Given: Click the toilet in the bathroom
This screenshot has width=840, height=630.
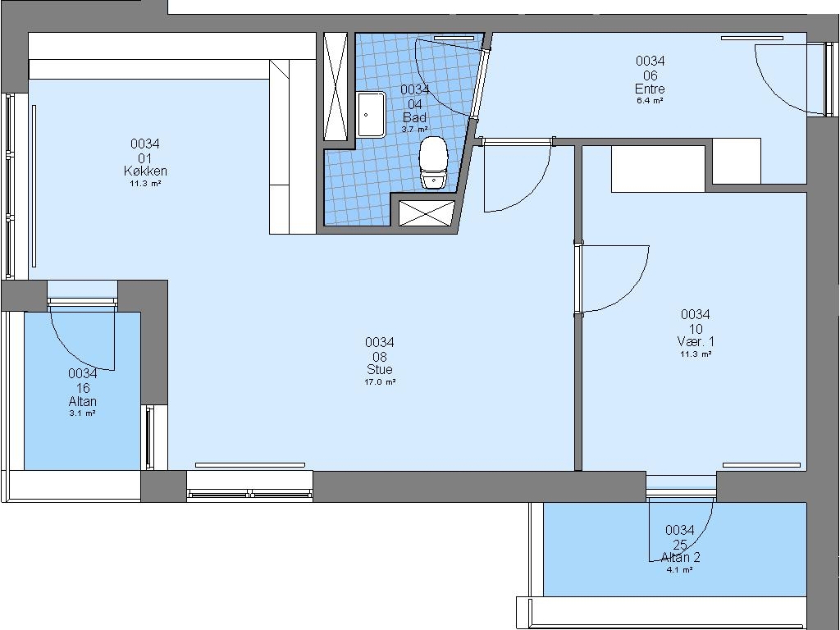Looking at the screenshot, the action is pos(433,163).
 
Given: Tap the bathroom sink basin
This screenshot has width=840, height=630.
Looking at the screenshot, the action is pos(372,114).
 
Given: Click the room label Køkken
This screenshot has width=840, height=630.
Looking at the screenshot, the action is pos(145,171).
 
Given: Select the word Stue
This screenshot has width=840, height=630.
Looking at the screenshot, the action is pos(380,369).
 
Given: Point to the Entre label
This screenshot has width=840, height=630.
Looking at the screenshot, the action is pos(650,89).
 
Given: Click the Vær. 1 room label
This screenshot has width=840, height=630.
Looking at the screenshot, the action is pos(696,342).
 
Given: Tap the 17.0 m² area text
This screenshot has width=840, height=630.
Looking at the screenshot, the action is pos(380,382).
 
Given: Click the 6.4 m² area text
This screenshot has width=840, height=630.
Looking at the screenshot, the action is pos(650,101).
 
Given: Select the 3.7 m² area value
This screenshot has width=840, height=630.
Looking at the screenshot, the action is pos(414,129).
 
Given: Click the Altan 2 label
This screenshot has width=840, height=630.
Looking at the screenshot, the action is pos(680,557).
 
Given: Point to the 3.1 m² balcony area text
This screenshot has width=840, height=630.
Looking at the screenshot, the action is pos(83,413).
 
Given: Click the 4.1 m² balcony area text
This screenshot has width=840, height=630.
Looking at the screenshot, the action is pos(680,570).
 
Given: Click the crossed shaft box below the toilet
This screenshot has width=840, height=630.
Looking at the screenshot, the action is pos(427,213).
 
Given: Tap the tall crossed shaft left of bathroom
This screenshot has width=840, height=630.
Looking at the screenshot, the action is pos(336,86).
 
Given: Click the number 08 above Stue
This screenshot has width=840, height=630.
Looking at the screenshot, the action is pos(380,357).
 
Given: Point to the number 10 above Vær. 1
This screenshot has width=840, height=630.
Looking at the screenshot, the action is pos(696,329).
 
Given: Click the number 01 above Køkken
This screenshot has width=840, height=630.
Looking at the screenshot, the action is pos(145,158).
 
